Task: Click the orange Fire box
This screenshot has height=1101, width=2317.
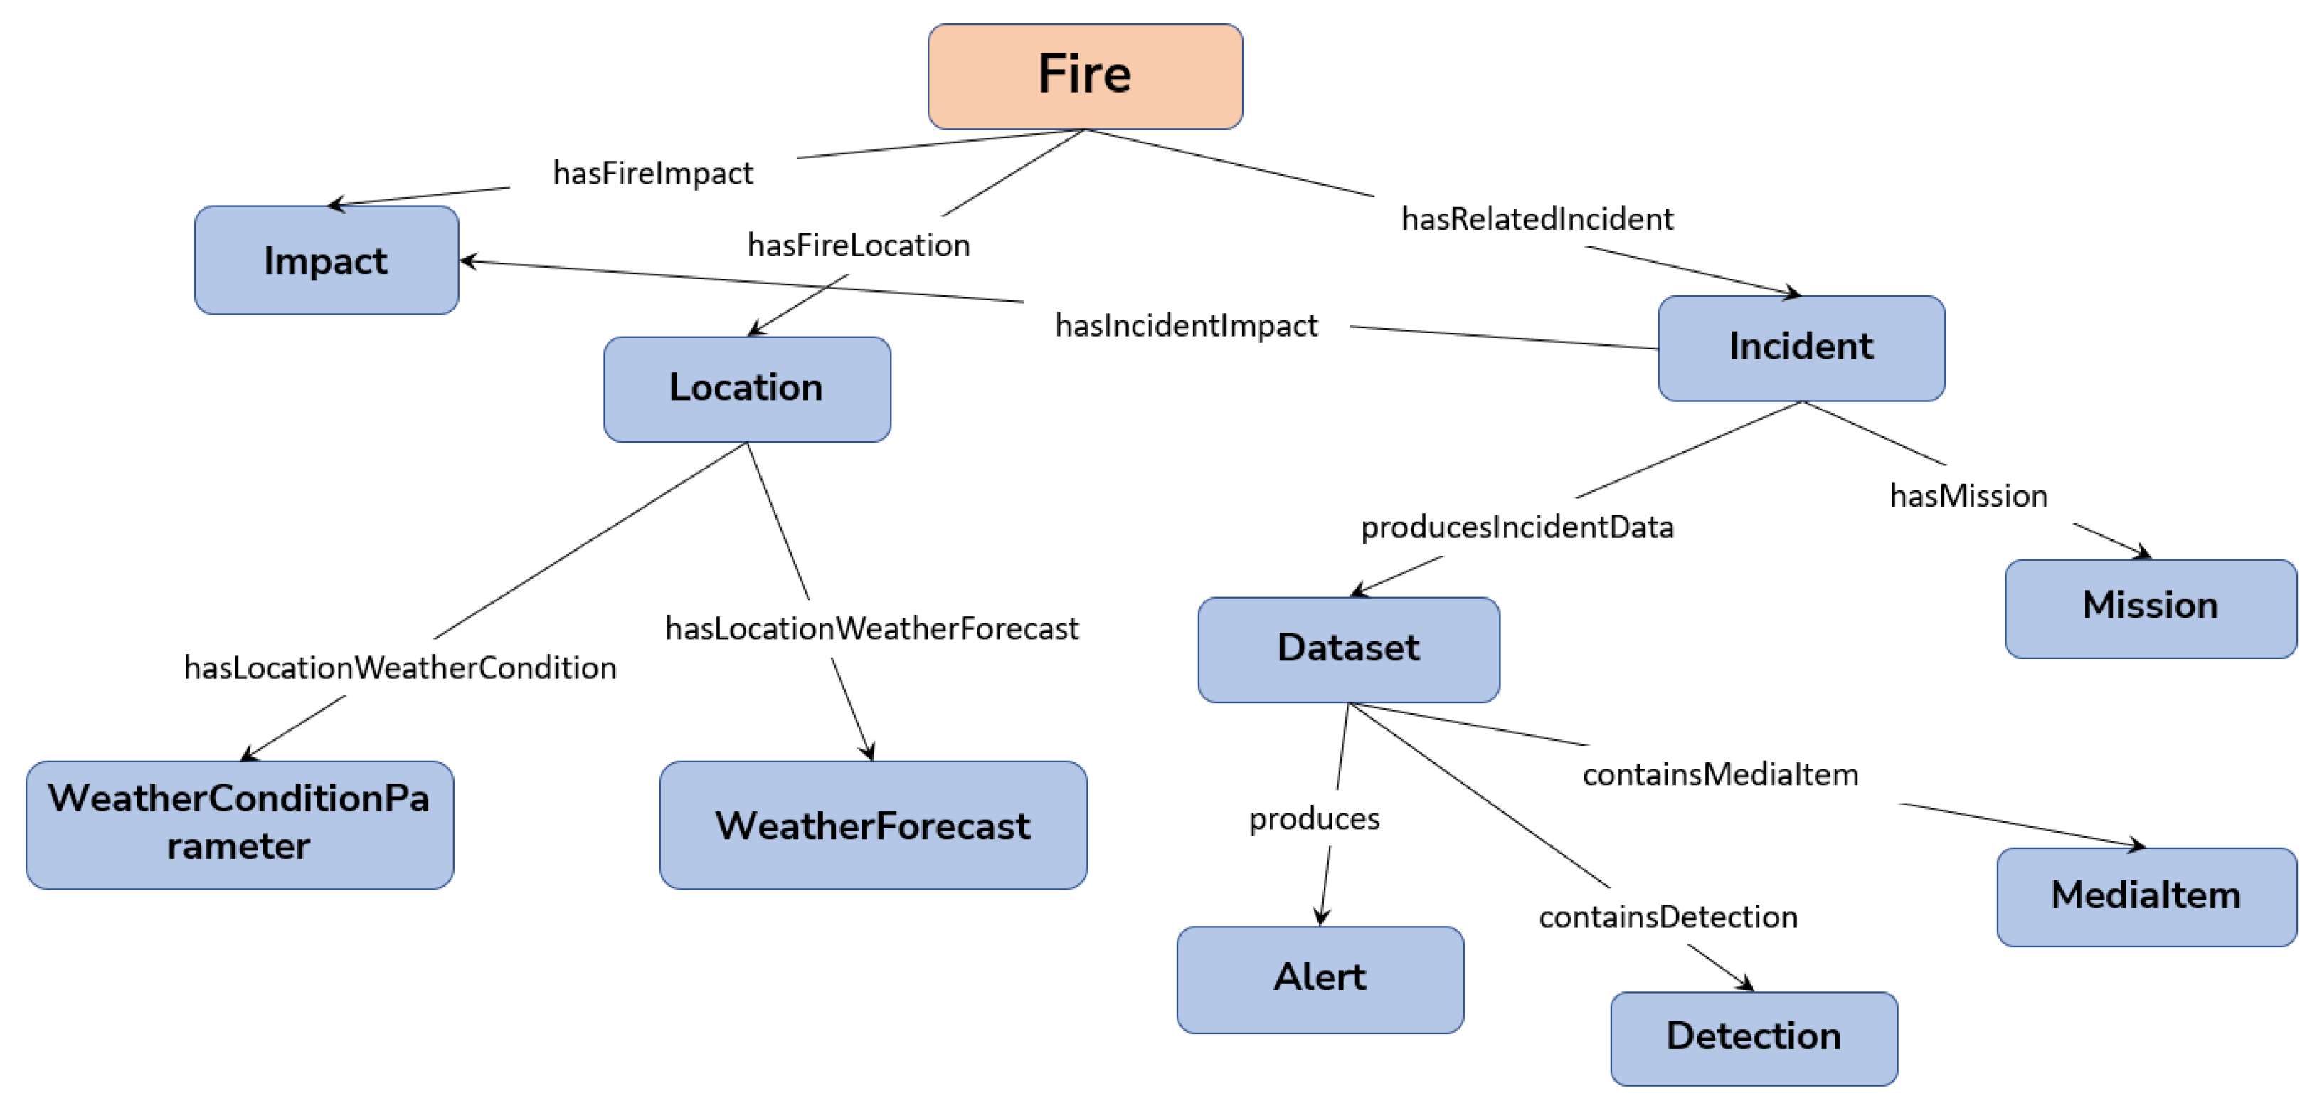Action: coord(1085,76)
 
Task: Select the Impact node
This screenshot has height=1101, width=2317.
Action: coord(327,260)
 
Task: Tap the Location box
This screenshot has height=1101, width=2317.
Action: coord(746,389)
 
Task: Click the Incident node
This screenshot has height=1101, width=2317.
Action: coord(1801,348)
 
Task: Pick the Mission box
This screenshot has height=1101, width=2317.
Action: coord(2150,608)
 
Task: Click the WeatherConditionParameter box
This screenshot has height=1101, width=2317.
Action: coord(239,824)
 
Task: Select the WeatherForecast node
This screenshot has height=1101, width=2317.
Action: coord(872,825)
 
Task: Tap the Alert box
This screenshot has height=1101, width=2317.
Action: coord(1320,979)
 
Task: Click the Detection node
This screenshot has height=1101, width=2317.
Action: coord(1753,1037)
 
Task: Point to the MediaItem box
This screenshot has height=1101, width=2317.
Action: coord(2146,896)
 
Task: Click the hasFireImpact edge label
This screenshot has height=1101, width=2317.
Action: coord(653,173)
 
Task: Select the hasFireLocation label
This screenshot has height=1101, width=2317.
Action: coord(858,245)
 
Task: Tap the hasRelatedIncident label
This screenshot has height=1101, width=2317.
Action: coord(1537,218)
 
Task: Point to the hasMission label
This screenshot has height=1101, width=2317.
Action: coord(1968,495)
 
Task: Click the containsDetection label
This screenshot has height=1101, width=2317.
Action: coord(1668,917)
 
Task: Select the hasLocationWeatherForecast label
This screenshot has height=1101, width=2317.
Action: coord(871,628)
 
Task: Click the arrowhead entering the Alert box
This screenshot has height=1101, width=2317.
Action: coord(1321,918)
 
